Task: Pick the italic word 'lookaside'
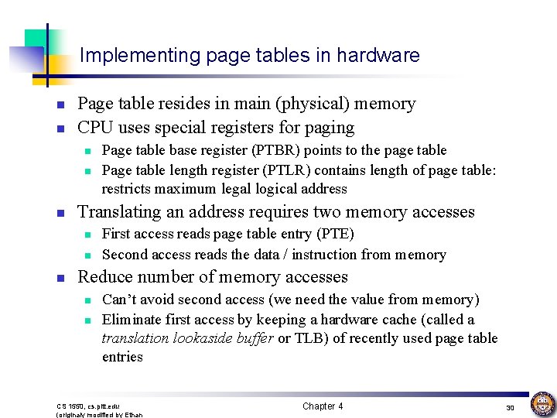[203, 338]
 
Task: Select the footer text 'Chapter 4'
[323, 406]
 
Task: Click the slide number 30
[510, 407]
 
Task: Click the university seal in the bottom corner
[542, 404]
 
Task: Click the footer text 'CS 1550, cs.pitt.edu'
[88, 406]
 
